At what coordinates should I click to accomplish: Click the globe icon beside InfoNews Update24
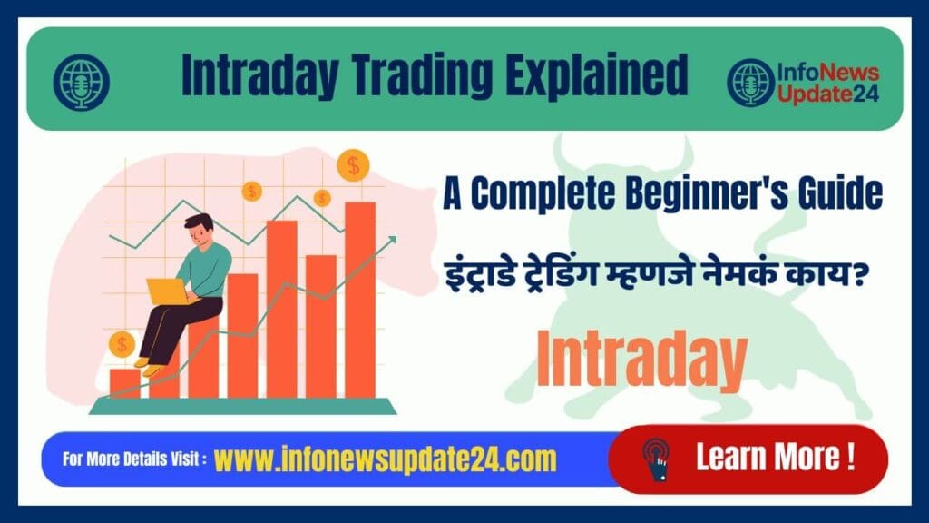tap(750, 81)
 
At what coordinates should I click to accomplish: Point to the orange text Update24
tap(826, 94)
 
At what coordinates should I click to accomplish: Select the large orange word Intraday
tap(641, 358)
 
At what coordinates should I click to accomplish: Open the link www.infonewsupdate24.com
tap(386, 459)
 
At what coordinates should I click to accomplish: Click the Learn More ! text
tap(775, 456)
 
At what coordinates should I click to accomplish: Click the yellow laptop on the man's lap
tap(167, 291)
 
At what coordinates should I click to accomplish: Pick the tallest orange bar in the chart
tap(360, 300)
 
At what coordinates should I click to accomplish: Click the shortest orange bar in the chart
tap(124, 382)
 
